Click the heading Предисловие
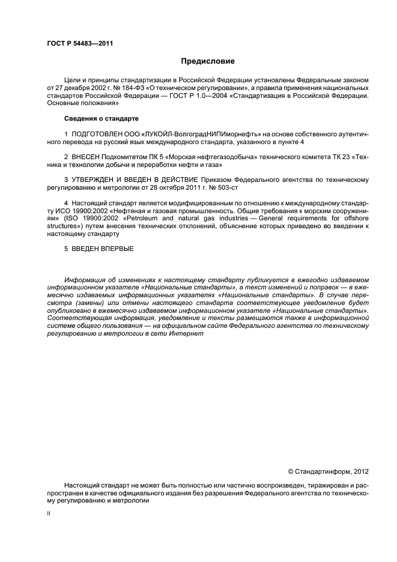pos(208,61)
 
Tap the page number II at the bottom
pos(49,514)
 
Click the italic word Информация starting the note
pos(86,280)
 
